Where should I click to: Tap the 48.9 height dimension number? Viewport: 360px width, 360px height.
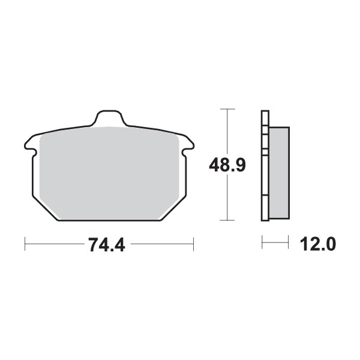[x=226, y=163]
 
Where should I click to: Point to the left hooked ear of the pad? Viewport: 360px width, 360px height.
[x=29, y=143]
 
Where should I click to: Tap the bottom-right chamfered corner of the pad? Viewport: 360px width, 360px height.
[x=175, y=206]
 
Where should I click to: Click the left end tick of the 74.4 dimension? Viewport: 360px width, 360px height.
[x=25, y=244]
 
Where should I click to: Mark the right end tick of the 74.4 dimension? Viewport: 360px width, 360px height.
[x=193, y=244]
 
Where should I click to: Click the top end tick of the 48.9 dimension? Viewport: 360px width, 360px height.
[x=226, y=110]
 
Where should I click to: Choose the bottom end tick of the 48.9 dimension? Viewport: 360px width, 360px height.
[x=226, y=220]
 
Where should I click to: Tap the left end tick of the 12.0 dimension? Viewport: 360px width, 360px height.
[x=262, y=244]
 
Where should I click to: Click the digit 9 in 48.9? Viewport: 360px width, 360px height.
[x=239, y=163]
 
